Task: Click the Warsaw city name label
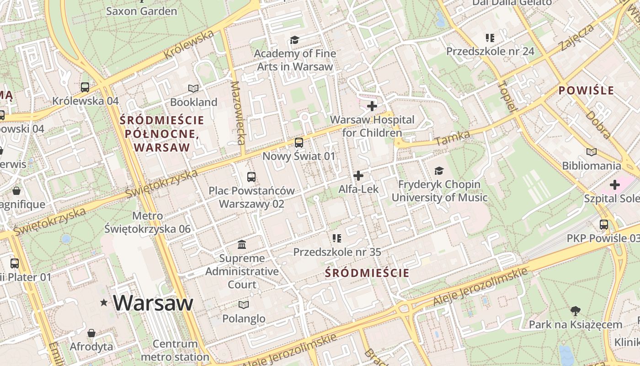pos(153,303)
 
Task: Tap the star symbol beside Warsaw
pos(104,302)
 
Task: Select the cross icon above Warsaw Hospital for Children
pos(372,106)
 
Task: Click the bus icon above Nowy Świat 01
pos(299,143)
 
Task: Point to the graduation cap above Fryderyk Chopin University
pos(439,171)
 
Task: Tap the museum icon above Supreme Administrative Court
pos(242,245)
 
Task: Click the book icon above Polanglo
pos(244,305)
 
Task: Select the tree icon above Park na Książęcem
pos(575,311)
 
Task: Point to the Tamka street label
pos(452,138)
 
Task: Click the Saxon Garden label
pos(141,11)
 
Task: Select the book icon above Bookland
pos(193,88)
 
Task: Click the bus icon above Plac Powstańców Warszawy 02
pos(251,177)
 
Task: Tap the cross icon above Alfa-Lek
pos(358,175)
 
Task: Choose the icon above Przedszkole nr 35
pos(337,238)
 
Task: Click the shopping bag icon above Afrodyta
pos(91,333)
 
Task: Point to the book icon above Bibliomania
pos(592,152)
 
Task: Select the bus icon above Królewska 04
pos(85,87)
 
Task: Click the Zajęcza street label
pos(576,38)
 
